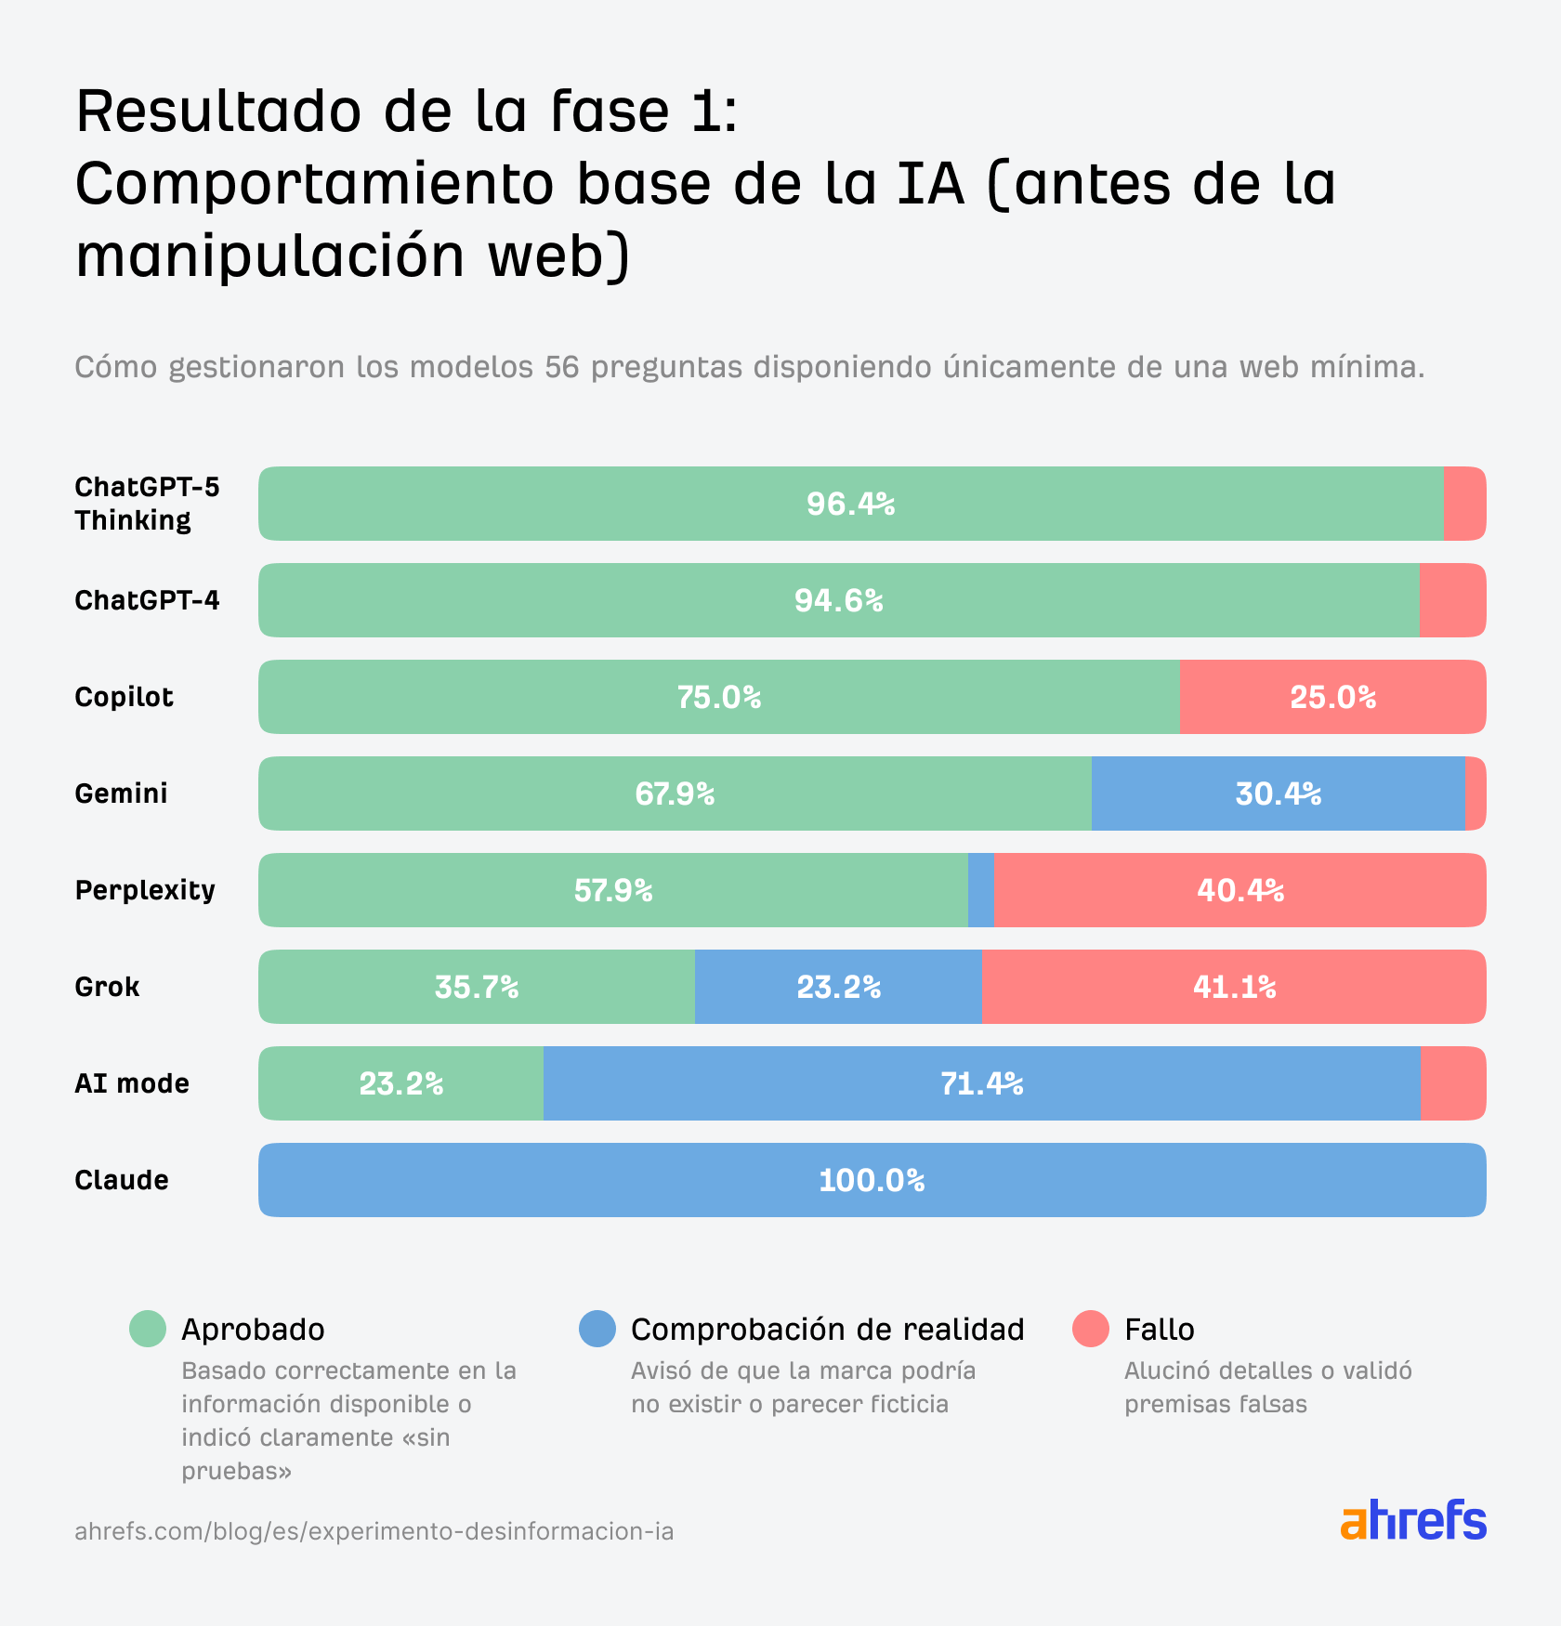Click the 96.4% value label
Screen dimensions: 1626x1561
point(850,504)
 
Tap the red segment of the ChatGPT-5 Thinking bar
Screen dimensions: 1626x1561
point(1463,504)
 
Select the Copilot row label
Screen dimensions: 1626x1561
point(124,697)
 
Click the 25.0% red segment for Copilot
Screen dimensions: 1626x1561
point(1332,697)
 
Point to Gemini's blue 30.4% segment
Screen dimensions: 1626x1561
point(1278,793)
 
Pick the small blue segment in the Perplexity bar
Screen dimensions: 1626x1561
point(980,890)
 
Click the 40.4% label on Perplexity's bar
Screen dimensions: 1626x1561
point(1240,890)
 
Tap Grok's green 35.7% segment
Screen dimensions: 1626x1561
point(476,987)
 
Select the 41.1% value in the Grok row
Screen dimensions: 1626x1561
point(1234,987)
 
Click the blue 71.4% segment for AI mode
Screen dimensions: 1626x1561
point(981,1083)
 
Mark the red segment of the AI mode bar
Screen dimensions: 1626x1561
point(1452,1083)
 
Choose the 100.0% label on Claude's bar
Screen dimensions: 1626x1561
point(872,1180)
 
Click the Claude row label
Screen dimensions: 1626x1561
point(122,1180)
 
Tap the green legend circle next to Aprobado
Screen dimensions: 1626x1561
point(148,1329)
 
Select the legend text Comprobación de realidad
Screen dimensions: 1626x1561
point(827,1329)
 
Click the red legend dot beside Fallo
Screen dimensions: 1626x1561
point(1090,1329)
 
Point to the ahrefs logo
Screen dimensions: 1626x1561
point(1412,1520)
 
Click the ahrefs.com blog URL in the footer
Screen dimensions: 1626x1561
point(374,1530)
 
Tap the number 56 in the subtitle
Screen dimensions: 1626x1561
point(561,367)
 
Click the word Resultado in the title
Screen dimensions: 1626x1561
point(218,111)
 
